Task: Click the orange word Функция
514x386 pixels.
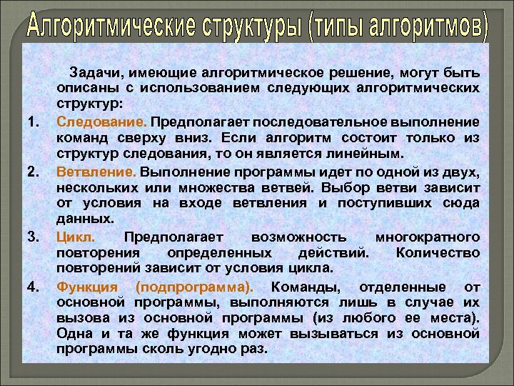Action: pos(87,287)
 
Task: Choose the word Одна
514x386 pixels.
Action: pos(74,334)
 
